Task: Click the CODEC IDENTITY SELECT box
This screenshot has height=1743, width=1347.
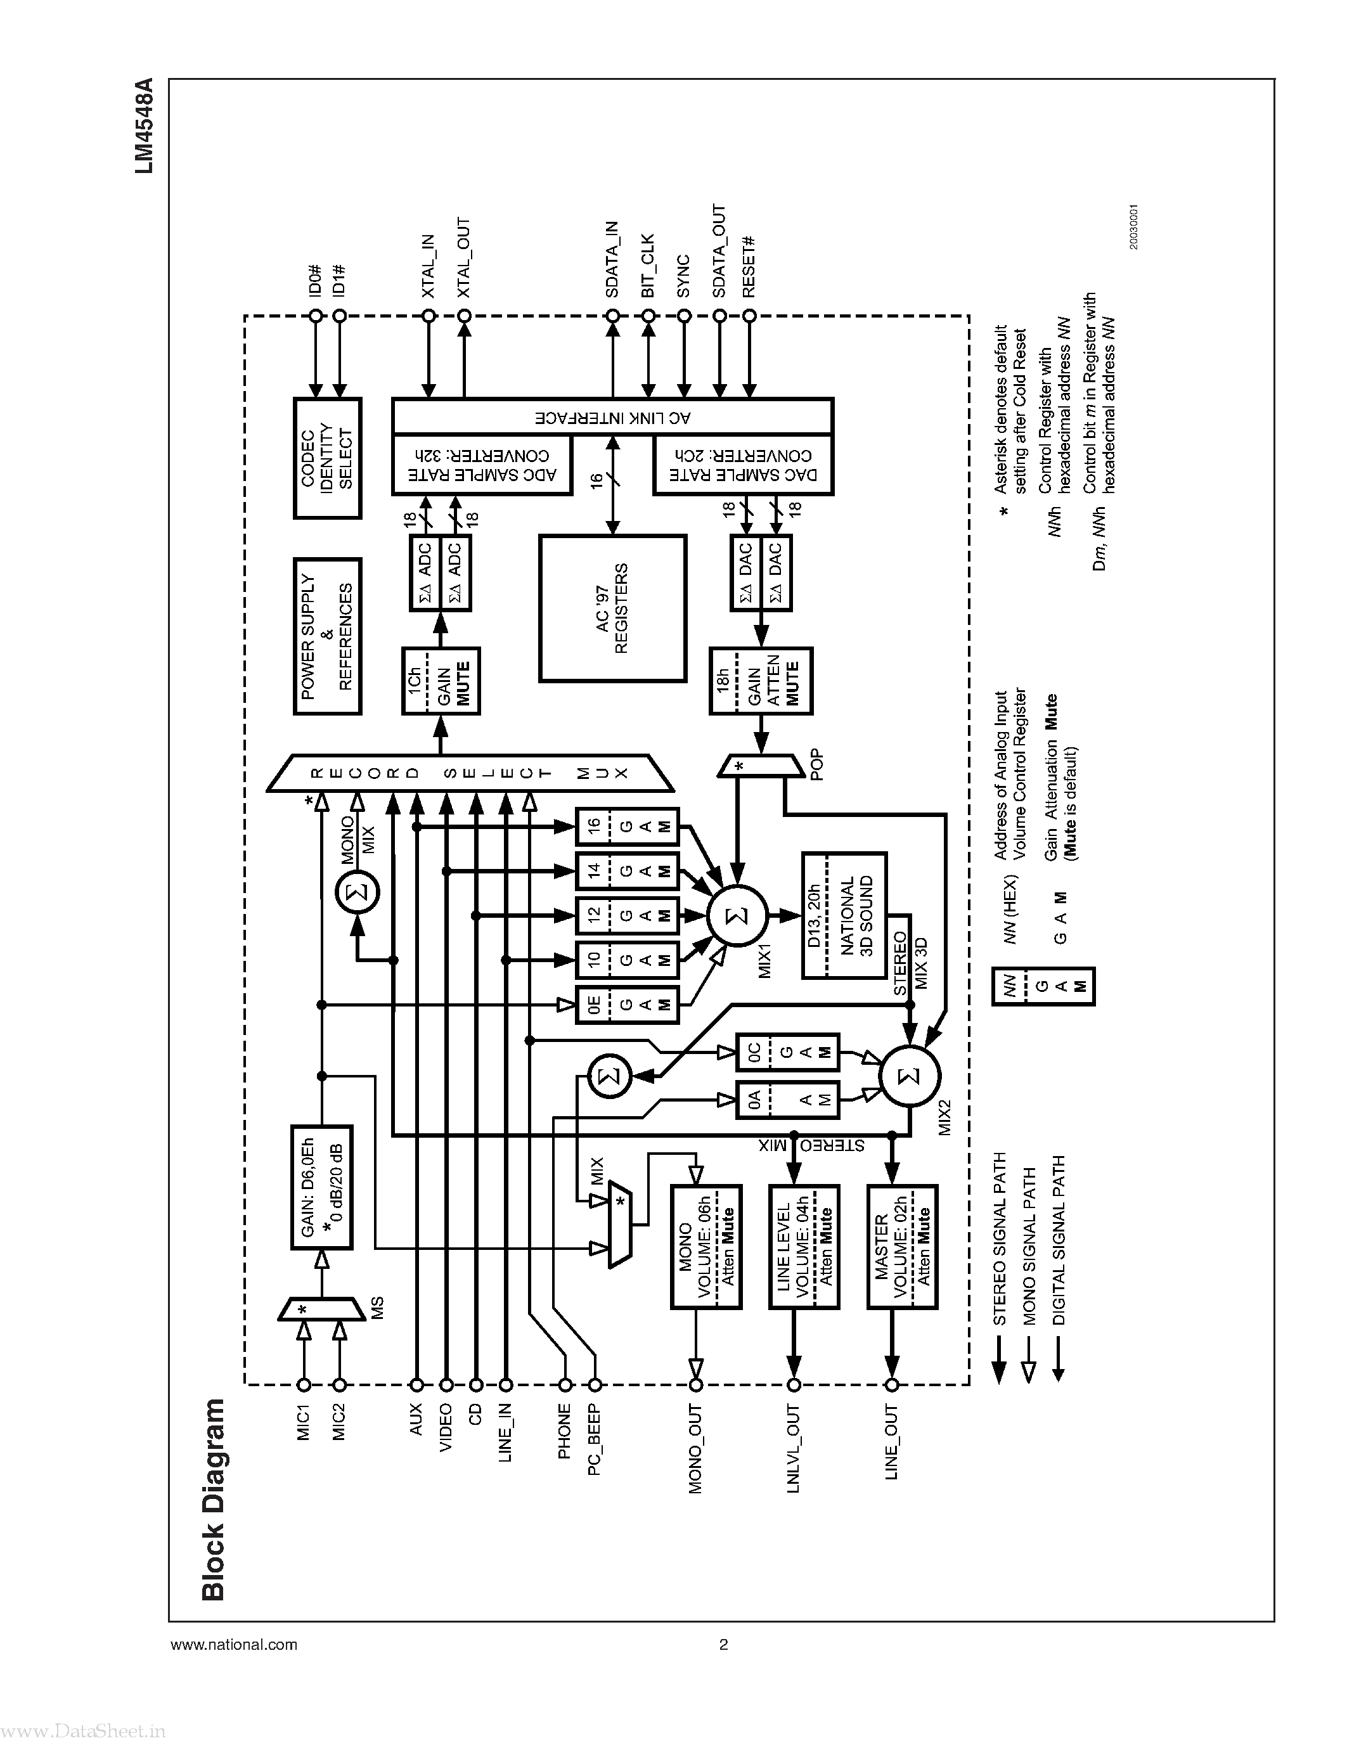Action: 327,458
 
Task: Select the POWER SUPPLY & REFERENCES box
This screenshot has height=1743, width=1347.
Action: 327,636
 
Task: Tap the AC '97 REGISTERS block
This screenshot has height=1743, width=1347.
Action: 612,608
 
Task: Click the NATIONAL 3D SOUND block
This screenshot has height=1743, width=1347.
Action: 844,915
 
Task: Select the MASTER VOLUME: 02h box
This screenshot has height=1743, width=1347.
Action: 902,1247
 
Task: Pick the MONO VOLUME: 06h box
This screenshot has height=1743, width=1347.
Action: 706,1247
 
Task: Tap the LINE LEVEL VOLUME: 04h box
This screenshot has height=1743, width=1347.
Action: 804,1247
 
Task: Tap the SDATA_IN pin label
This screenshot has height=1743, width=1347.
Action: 612,259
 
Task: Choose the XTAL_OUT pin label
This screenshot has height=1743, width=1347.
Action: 463,257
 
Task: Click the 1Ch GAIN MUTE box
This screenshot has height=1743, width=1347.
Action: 440,681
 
